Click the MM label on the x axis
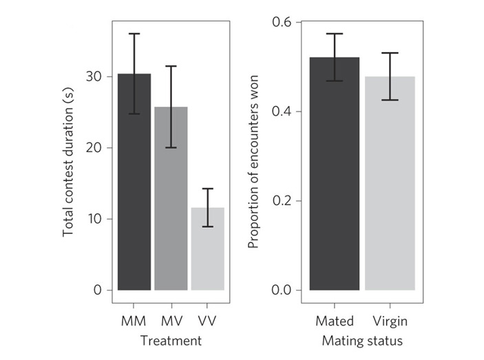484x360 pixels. [x=134, y=321]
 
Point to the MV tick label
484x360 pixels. [x=171, y=321]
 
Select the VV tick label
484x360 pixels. [x=207, y=321]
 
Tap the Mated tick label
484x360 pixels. [x=335, y=321]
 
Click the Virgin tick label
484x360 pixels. [x=390, y=321]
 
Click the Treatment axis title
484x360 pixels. [x=171, y=341]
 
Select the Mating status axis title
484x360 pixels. [x=362, y=341]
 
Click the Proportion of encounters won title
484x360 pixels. [x=253, y=157]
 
